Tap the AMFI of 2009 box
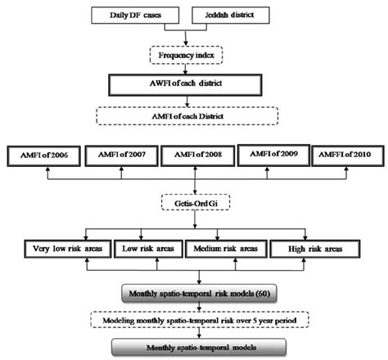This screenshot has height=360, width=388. point(273,154)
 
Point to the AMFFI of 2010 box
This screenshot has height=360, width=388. point(348,154)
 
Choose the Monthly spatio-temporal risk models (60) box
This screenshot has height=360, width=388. point(194,293)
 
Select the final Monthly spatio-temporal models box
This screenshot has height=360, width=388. point(194,347)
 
